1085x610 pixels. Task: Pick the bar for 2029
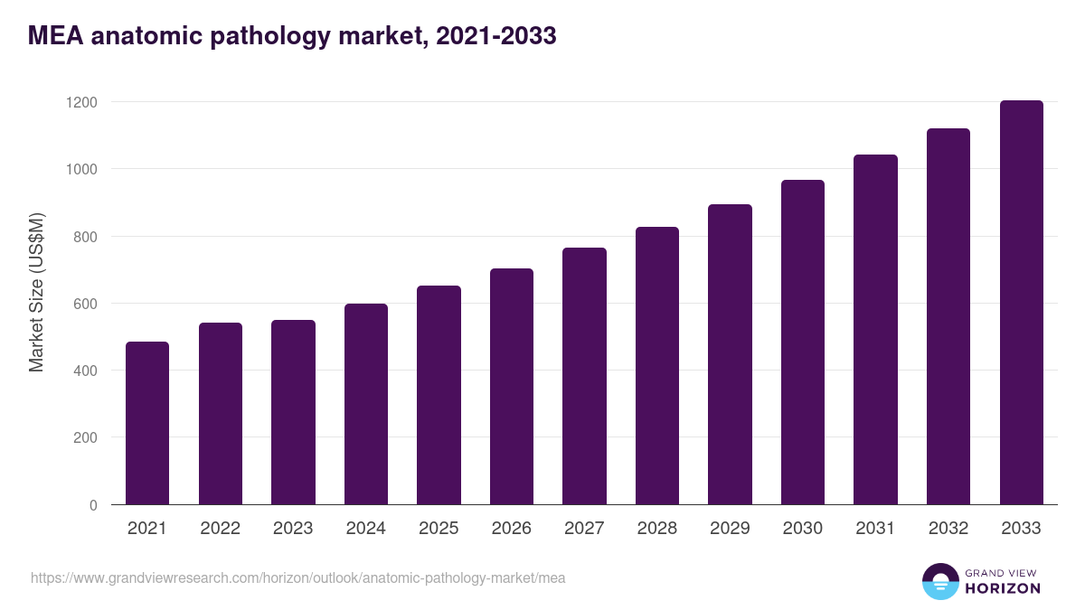pyautogui.click(x=730, y=354)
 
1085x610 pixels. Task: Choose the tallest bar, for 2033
pyautogui.click(x=1021, y=303)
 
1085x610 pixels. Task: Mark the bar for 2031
pyautogui.click(x=875, y=330)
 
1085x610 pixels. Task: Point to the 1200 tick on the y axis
pyautogui.click(x=81, y=102)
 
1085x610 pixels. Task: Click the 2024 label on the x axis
pyautogui.click(x=365, y=529)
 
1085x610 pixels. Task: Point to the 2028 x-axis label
pyautogui.click(x=656, y=529)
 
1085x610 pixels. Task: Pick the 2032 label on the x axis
pyautogui.click(x=948, y=529)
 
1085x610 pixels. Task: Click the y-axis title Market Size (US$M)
pyautogui.click(x=36, y=291)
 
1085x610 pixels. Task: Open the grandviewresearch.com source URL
pyautogui.click(x=297, y=577)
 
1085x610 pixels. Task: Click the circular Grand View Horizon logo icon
pyautogui.click(x=939, y=581)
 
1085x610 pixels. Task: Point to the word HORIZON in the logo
pyautogui.click(x=1003, y=588)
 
